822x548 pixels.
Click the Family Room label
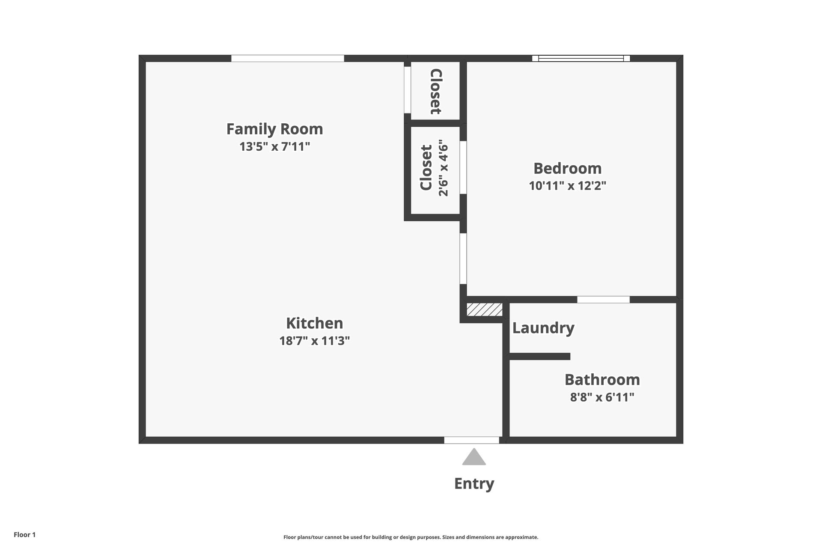click(x=274, y=129)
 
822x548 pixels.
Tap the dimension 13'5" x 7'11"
click(x=274, y=147)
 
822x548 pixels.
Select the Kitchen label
click(x=314, y=323)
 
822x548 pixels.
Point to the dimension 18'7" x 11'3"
click(x=314, y=341)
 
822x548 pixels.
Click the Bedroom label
click(x=567, y=168)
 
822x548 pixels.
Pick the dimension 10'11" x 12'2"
click(x=567, y=186)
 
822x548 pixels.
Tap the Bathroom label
click(x=602, y=380)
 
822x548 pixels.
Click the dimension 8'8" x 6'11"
click(x=602, y=397)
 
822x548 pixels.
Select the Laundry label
click(x=543, y=328)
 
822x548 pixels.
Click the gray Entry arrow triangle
click(x=474, y=458)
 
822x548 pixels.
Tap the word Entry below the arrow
click(x=474, y=483)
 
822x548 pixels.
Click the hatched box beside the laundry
click(x=484, y=310)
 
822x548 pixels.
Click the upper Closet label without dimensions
click(x=435, y=91)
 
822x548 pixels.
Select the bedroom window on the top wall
click(x=581, y=58)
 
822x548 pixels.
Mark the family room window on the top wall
click(x=287, y=58)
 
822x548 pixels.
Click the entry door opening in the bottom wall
click(x=471, y=440)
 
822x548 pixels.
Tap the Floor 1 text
click(x=24, y=535)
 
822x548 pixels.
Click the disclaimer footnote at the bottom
click(x=411, y=537)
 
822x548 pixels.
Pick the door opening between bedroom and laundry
click(x=603, y=300)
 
